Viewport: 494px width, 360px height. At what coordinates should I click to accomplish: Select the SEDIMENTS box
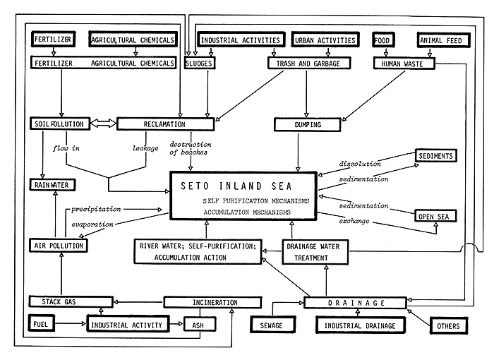click(436, 155)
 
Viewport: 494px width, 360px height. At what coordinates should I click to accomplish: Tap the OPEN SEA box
click(436, 215)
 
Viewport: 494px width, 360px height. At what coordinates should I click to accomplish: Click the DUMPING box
click(305, 125)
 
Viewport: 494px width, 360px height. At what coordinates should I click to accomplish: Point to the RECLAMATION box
click(165, 125)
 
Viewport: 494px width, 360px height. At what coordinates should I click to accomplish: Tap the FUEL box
click(40, 326)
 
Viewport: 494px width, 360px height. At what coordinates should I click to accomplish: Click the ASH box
click(195, 326)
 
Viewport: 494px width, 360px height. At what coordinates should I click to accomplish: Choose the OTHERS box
click(448, 326)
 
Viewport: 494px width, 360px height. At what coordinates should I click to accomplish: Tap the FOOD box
click(385, 41)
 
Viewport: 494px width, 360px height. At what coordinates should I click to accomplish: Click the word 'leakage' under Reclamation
click(145, 148)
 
